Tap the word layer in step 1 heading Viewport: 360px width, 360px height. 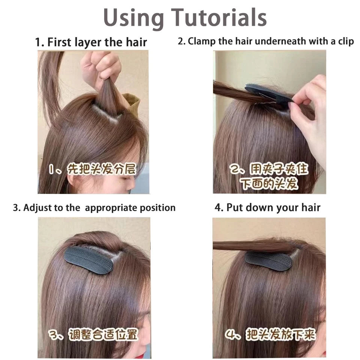click(88, 42)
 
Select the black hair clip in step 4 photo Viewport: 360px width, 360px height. click(267, 261)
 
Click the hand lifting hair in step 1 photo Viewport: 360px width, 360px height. click(101, 69)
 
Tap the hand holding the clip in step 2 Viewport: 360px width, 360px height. click(307, 112)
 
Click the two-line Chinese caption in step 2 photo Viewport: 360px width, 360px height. click(269, 176)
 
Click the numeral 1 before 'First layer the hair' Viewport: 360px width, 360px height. click(38, 42)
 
